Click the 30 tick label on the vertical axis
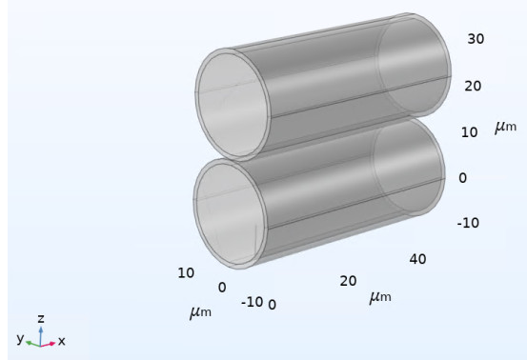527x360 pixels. pyautogui.click(x=476, y=39)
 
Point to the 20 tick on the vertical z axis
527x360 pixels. pyautogui.click(x=473, y=87)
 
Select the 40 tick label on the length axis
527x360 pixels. pyautogui.click(x=417, y=259)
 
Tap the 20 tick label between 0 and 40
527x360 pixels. pyautogui.click(x=348, y=281)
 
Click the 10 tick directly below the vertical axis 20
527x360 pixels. pyautogui.click(x=469, y=132)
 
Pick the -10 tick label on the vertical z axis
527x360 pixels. pyautogui.click(x=468, y=223)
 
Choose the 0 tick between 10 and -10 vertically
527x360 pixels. pyautogui.click(x=463, y=178)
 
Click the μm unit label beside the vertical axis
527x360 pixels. pyautogui.click(x=505, y=127)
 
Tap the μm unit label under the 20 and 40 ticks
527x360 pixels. pyautogui.click(x=380, y=297)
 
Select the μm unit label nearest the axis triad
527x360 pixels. pyautogui.click(x=200, y=312)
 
